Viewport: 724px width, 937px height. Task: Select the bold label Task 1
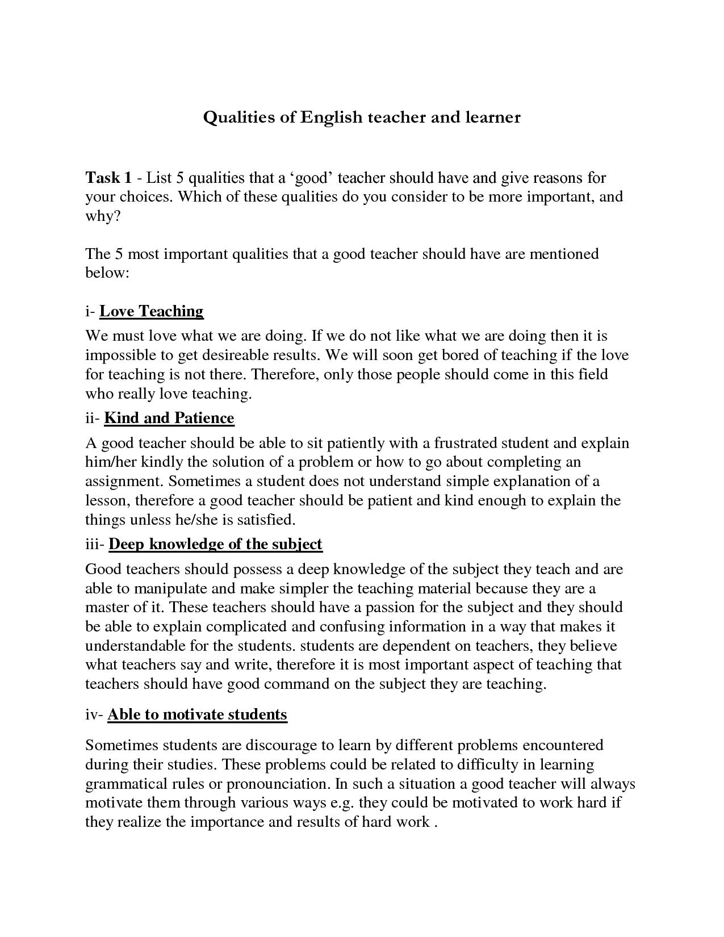pyautogui.click(x=108, y=178)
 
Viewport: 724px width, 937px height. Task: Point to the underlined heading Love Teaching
pyautogui.click(x=152, y=311)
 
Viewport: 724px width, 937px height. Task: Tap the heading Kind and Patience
pyautogui.click(x=169, y=418)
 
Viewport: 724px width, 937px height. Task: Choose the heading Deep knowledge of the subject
pyautogui.click(x=215, y=544)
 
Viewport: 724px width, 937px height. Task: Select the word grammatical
pyautogui.click(x=125, y=784)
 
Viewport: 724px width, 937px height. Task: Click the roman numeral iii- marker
pyautogui.click(x=95, y=544)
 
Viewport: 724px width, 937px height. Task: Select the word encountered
pyautogui.click(x=562, y=745)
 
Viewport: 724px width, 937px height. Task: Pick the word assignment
pyautogui.click(x=123, y=482)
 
